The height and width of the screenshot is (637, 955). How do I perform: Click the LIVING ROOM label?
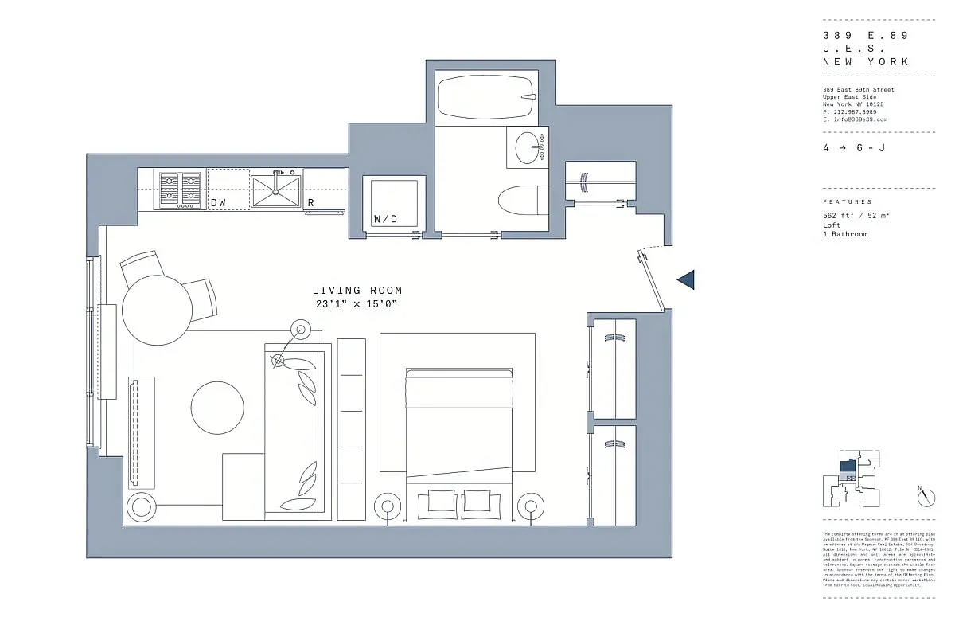tap(357, 291)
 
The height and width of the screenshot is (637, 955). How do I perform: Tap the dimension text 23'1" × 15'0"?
tap(357, 304)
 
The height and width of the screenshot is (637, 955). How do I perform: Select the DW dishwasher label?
tap(218, 203)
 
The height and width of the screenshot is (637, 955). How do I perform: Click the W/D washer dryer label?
tap(385, 219)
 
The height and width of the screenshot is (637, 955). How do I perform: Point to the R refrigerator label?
tap(311, 203)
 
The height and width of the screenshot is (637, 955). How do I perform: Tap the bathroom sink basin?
tap(529, 147)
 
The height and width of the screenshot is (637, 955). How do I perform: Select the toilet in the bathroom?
tap(521, 199)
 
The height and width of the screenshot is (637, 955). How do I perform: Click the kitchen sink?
tap(276, 192)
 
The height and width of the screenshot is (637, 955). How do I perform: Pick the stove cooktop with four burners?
tap(181, 190)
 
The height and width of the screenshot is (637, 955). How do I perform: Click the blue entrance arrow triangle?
tap(686, 279)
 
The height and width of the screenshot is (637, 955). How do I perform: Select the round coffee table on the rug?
tap(217, 407)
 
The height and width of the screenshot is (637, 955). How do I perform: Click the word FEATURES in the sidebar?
tap(847, 202)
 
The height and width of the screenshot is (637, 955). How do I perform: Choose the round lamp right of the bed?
tap(530, 505)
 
